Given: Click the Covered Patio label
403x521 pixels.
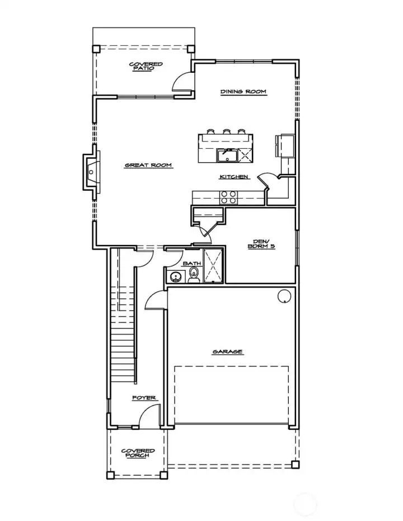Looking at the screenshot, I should click(x=146, y=65).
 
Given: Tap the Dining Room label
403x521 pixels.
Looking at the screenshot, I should click(x=242, y=92).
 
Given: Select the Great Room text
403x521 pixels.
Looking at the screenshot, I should click(x=148, y=165).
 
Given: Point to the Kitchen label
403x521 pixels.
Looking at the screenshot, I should click(x=233, y=177).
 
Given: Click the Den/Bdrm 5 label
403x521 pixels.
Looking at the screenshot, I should click(x=261, y=245).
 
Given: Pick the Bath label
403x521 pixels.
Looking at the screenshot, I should click(x=191, y=262).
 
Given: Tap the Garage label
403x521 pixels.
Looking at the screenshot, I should click(x=227, y=351).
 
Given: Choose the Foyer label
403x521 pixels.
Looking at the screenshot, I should click(x=144, y=398).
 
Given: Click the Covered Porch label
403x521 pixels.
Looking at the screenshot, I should click(x=138, y=453).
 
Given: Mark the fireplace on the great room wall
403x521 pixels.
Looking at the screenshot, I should click(x=89, y=172).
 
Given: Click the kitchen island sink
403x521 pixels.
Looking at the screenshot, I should click(x=228, y=154).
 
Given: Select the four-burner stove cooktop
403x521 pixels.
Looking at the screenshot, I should click(x=228, y=197).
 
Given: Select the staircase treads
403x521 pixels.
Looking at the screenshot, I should click(x=123, y=353).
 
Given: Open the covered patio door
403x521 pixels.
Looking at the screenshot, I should click(x=182, y=83).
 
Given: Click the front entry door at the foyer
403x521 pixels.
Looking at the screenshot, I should click(x=148, y=417).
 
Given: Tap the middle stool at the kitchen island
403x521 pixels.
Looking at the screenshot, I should click(x=227, y=132).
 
